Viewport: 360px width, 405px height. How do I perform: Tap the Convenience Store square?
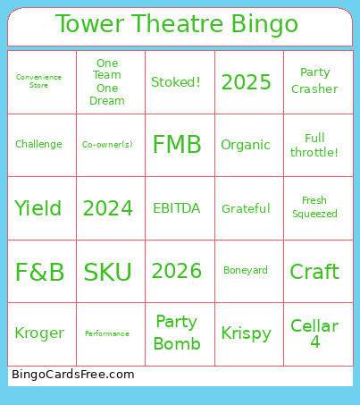tap(39, 81)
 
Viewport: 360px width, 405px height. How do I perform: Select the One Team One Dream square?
tap(107, 81)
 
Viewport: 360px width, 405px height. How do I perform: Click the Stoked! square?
tap(176, 82)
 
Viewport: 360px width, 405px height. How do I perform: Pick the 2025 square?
tap(246, 82)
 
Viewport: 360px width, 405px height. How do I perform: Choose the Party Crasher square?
tap(314, 81)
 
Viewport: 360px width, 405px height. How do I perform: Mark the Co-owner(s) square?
tap(107, 145)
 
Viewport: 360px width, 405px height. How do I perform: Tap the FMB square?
tap(177, 145)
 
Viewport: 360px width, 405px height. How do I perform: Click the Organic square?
tap(246, 145)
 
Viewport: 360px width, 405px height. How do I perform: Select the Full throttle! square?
tap(314, 145)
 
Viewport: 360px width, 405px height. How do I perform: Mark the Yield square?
tap(38, 208)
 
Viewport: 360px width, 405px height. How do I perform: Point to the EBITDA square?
tap(177, 208)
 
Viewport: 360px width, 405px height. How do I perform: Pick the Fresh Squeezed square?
tap(314, 207)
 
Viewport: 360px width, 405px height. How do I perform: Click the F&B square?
tap(39, 272)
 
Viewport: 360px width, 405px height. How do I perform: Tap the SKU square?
tap(107, 272)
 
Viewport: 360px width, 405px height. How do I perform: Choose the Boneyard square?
tap(246, 271)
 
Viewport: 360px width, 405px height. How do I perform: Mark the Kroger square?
tap(39, 333)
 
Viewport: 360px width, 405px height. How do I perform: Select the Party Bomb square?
tap(177, 333)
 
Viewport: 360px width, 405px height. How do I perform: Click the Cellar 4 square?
tap(314, 333)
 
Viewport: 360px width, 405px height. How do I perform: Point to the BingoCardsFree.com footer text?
tap(73, 375)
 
